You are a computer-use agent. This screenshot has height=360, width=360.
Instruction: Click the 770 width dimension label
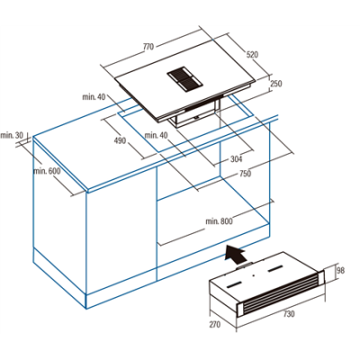[x=148, y=47]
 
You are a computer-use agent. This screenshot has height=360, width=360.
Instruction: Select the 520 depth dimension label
[x=252, y=55]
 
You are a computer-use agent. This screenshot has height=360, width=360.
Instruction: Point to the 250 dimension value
[x=276, y=84]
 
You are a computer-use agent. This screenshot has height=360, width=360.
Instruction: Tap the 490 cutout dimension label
[x=121, y=140]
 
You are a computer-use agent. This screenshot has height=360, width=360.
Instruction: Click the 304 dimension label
[x=237, y=159]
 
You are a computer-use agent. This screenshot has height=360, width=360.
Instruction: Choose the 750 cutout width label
[x=245, y=174]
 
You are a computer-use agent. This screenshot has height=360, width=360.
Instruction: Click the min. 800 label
[x=219, y=221]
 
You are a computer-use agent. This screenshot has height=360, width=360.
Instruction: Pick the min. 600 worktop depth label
[x=47, y=171]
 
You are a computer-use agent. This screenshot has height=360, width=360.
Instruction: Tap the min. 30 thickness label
[x=12, y=135]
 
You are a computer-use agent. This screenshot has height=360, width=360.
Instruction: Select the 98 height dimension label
[x=340, y=270]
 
